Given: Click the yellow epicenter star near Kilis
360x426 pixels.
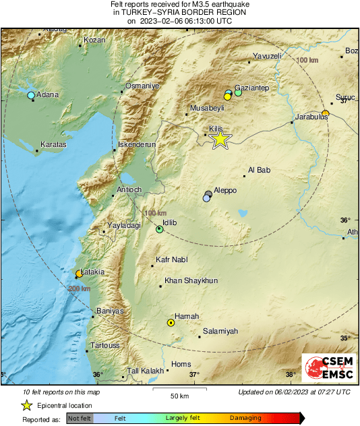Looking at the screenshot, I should coord(220,140).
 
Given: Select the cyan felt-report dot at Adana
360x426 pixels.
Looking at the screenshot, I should coord(31,96).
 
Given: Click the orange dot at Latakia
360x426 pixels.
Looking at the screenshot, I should coord(79,274).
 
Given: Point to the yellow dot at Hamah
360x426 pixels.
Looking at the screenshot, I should coord(171,323).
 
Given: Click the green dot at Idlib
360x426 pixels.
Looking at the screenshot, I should coord(160,230).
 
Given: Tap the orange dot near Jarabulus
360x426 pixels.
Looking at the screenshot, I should coord(325,113).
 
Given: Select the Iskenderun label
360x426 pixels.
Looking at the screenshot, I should coord(137,145).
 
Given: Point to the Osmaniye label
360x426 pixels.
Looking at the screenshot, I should coord(142,86).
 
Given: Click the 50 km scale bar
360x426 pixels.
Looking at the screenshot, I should coord(179,390).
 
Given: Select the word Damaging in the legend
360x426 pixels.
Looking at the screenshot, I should coord(245,419).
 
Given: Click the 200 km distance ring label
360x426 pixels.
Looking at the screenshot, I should coord(79,288).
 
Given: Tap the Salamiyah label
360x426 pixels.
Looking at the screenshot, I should coord(221,331).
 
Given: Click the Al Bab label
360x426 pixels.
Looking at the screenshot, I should coord(259,171).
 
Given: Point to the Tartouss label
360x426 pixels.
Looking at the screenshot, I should coord(105,345).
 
